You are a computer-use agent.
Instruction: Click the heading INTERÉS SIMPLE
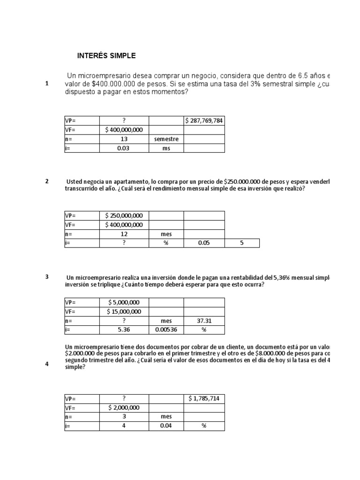(106, 56)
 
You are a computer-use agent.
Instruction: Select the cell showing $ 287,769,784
(204, 120)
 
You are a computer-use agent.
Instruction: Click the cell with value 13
(124, 139)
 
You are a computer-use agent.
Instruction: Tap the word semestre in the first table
(166, 139)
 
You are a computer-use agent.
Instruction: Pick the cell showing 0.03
(124, 148)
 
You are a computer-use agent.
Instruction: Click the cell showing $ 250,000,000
(124, 216)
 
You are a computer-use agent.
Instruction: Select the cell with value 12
(124, 234)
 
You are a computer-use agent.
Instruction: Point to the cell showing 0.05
(204, 243)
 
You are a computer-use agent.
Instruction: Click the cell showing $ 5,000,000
(124, 302)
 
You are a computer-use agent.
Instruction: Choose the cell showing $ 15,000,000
(124, 312)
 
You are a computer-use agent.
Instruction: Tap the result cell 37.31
(204, 321)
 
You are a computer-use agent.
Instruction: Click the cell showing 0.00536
(166, 330)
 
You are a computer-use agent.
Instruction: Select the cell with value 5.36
(124, 330)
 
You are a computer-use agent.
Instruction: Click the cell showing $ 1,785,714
(204, 398)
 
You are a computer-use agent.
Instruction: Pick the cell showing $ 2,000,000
(124, 408)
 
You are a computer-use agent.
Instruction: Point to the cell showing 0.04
(166, 426)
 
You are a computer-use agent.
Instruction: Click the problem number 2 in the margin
(47, 181)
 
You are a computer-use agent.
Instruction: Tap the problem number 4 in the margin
(47, 364)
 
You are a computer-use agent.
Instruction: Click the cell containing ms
(166, 148)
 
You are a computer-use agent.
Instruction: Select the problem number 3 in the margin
(47, 277)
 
